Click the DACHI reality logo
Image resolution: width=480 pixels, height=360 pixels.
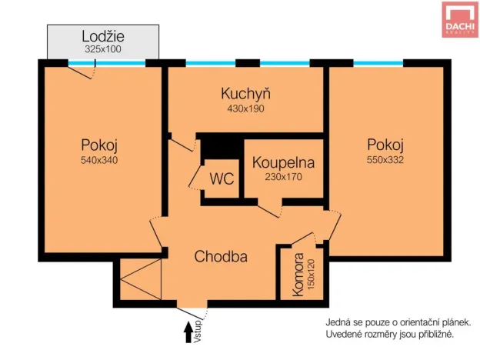(459, 20)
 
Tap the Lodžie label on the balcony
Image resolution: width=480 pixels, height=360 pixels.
(103, 35)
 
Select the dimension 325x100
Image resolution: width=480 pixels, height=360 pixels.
(103, 48)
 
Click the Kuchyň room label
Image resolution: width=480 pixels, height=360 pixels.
(245, 94)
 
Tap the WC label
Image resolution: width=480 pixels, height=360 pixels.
(222, 179)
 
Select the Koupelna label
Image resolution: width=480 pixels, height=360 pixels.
(284, 162)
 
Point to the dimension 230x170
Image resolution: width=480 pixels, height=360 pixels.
(284, 176)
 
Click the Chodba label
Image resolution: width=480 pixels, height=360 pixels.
(221, 257)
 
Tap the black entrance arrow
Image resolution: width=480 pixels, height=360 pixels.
(188, 332)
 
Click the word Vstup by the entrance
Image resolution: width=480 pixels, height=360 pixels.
(198, 328)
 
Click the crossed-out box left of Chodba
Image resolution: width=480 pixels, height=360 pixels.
(139, 280)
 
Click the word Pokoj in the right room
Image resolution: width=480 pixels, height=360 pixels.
(385, 145)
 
